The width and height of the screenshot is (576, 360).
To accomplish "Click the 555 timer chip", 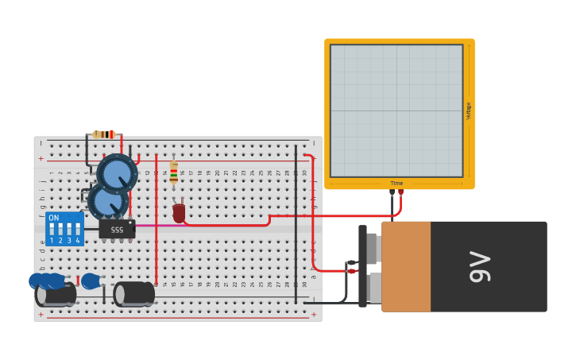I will (117, 229).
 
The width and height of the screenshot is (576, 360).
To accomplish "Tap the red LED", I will (179, 212).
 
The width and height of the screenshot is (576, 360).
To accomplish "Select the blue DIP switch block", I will (64, 228).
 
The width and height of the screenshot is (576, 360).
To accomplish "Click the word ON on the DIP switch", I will (53, 218).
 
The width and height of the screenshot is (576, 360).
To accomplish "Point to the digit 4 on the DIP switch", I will (78, 240).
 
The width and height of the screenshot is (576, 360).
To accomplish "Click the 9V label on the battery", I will (480, 266).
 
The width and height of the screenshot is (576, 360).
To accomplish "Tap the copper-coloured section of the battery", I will (406, 266).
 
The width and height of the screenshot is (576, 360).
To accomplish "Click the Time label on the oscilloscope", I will (396, 184).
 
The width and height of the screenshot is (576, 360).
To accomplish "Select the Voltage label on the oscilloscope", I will (469, 110).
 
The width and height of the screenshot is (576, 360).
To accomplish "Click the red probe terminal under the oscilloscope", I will (400, 192).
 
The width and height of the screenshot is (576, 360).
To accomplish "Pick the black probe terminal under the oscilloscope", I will (392, 192).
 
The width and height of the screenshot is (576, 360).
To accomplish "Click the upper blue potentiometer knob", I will (117, 173).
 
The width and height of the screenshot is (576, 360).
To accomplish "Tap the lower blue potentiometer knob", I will (106, 201).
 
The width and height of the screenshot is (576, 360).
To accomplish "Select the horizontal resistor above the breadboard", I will (104, 134).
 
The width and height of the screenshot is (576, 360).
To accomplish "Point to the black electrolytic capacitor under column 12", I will (135, 293).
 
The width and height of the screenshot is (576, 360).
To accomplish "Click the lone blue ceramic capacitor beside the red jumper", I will (90, 281).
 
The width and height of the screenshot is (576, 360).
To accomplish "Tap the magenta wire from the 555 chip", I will (155, 225).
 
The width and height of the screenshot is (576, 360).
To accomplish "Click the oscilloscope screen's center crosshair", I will (396, 110).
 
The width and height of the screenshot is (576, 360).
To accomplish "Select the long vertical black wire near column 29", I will (296, 223).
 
